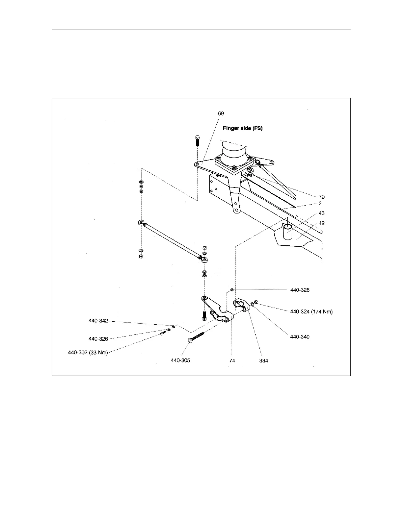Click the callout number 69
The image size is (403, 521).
tap(221, 113)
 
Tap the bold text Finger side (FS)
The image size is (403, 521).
tap(243, 128)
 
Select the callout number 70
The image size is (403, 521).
tap(321, 197)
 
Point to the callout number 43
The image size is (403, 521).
tap(321, 213)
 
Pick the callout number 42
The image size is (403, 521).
tap(321, 223)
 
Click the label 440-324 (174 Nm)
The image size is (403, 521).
tap(311, 312)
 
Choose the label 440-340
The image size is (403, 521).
tap(300, 337)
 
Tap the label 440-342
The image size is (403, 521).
tap(98, 321)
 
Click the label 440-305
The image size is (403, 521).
tap(180, 360)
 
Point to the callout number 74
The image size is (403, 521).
tap(232, 360)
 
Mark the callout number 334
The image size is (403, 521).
tap(263, 360)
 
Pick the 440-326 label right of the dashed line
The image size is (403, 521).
tap(300, 290)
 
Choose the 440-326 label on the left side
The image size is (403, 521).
tap(98, 339)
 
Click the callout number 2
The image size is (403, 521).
tap(320, 204)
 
